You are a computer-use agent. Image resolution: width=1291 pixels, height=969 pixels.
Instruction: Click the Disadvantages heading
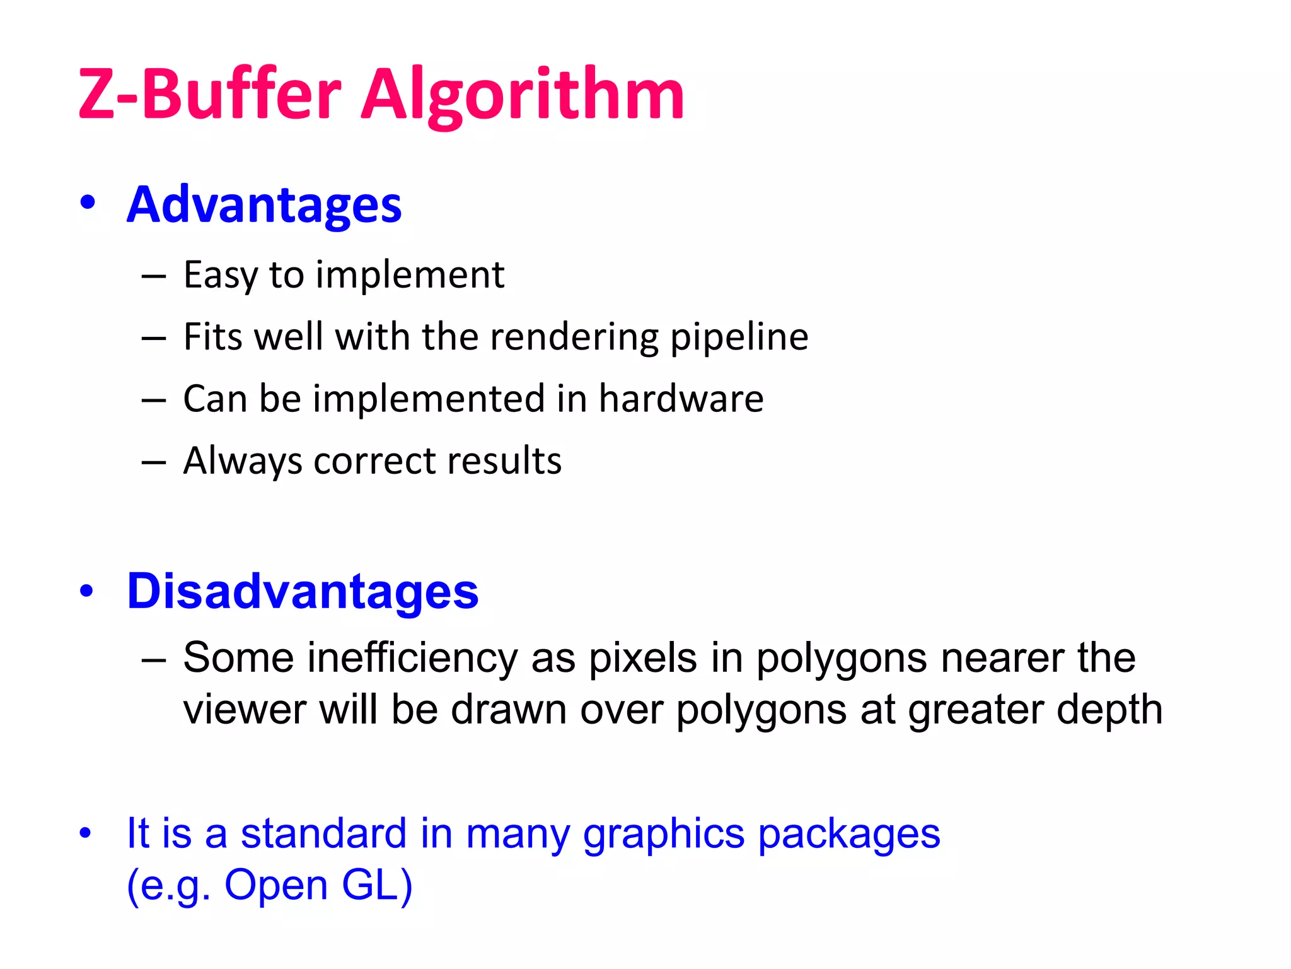coord(303,592)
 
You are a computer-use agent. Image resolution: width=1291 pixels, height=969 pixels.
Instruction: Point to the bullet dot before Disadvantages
coord(87,590)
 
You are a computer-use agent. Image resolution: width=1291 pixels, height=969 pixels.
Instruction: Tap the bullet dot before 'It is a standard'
coord(86,833)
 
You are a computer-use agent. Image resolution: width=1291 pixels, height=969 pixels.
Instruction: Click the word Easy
coord(220,276)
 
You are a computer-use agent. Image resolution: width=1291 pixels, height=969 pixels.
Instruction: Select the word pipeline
coord(739,337)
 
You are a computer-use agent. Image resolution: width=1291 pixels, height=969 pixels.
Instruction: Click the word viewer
coord(245,710)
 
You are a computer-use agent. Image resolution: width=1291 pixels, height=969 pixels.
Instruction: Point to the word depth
coord(1109,711)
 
